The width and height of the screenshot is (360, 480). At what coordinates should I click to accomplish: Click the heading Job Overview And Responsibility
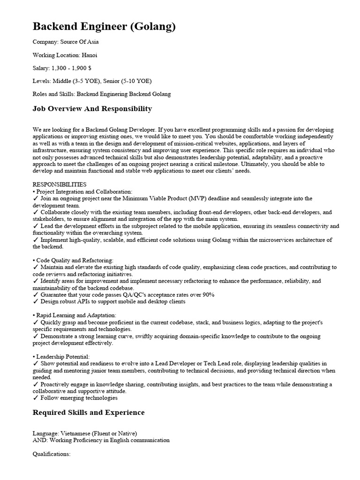tap(92, 109)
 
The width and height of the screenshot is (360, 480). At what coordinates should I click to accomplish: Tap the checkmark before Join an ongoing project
tap(36, 199)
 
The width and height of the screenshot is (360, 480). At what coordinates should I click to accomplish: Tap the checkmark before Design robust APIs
tap(36, 301)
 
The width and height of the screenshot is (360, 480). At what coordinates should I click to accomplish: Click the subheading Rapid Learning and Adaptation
tap(76, 315)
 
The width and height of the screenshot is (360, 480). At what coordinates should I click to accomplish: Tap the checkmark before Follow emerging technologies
tap(36, 398)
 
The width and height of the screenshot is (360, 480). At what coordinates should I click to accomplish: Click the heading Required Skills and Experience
tap(89, 412)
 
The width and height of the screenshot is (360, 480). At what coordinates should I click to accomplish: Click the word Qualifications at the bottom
tap(52, 454)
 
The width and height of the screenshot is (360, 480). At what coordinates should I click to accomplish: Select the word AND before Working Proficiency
tap(40, 440)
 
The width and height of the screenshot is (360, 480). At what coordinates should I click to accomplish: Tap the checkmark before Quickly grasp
tap(36, 322)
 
